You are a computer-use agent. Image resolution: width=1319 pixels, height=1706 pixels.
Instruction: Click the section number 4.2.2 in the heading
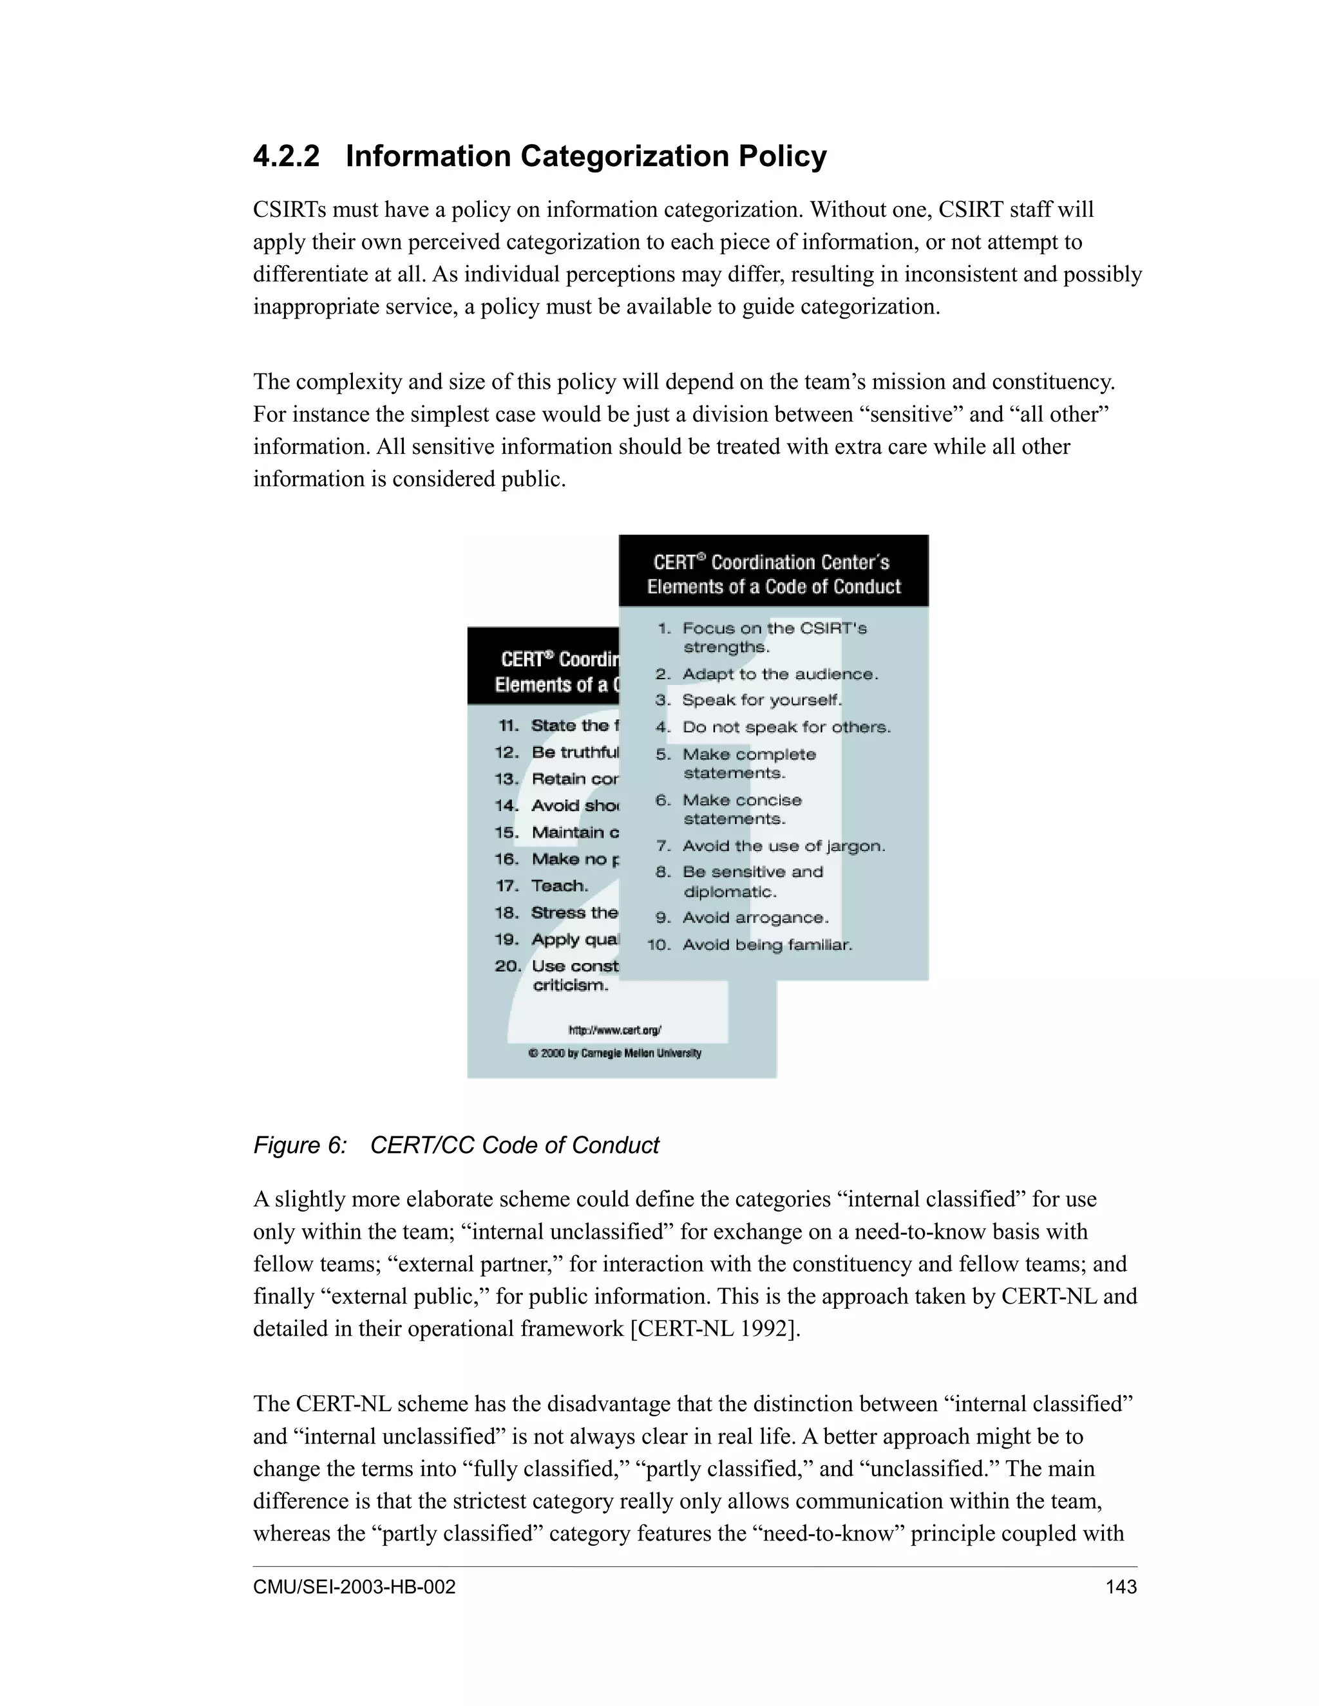point(286,156)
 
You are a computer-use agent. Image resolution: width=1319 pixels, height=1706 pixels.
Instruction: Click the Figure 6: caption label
point(300,1145)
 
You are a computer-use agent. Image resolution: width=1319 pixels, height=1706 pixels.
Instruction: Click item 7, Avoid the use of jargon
point(783,846)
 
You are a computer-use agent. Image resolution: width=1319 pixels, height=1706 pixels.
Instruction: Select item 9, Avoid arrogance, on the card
point(755,918)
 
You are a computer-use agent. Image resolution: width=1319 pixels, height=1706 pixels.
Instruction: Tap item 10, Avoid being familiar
point(766,945)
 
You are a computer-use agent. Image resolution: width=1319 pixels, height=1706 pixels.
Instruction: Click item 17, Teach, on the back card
point(558,886)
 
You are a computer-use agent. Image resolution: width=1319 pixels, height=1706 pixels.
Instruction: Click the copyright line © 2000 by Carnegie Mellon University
point(615,1053)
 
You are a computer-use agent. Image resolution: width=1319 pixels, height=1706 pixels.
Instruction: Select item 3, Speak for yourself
point(761,700)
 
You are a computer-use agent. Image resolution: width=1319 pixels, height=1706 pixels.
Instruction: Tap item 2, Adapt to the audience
point(779,674)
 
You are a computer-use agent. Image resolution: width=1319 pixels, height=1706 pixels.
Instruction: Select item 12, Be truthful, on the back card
point(574,752)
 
